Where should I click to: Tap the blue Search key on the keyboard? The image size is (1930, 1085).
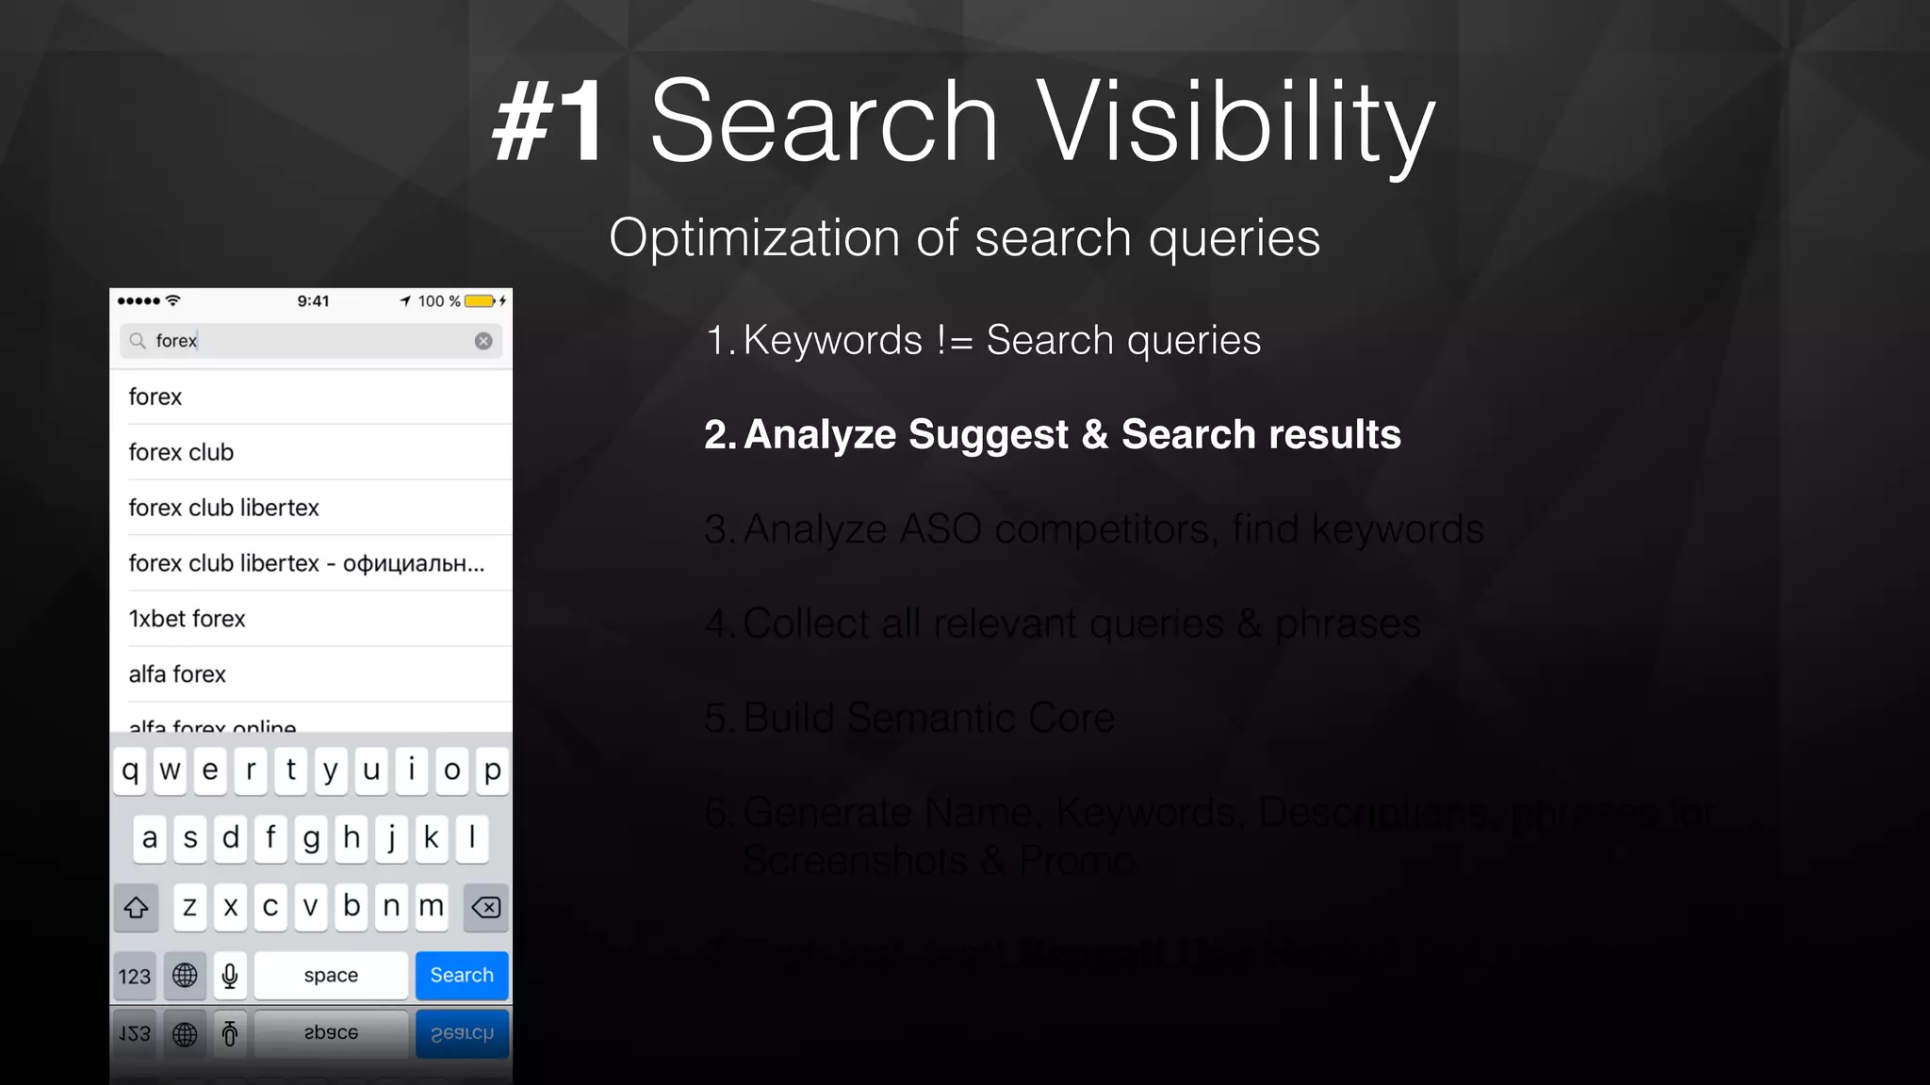[462, 975]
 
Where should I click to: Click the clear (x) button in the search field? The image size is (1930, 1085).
[483, 341]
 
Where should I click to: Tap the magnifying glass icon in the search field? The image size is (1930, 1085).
[138, 341]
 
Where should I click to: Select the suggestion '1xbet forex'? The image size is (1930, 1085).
[188, 619]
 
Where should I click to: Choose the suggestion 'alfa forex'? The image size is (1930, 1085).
[178, 674]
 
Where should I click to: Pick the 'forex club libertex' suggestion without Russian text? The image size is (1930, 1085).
[224, 508]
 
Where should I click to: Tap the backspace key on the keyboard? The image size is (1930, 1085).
[486, 907]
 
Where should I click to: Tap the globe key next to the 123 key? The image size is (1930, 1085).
[185, 975]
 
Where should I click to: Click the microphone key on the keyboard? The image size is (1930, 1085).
[230, 975]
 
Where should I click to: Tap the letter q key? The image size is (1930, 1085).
[130, 770]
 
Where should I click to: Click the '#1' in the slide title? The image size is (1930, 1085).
[549, 122]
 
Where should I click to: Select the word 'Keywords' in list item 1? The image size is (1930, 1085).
[832, 340]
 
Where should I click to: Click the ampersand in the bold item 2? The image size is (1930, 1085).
[1094, 434]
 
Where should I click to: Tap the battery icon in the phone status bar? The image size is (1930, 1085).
[480, 301]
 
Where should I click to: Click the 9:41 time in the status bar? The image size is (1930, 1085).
[313, 301]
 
